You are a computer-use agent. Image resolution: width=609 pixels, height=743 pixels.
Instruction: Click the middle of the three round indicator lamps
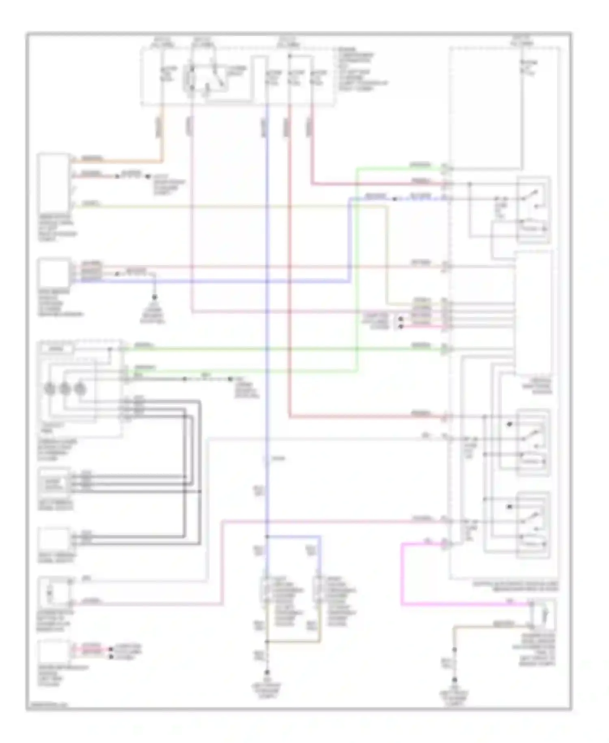pos(65,389)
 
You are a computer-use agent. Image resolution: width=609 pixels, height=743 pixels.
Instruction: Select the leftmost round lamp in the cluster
pos(50,389)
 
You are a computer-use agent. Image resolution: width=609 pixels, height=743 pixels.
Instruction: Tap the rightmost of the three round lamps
pos(80,389)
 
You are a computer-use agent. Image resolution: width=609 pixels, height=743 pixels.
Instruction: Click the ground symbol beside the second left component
pos(154,298)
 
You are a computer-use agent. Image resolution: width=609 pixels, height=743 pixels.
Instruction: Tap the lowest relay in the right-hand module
pos(533,525)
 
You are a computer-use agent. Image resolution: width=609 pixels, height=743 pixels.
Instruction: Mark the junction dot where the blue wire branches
pos(267,537)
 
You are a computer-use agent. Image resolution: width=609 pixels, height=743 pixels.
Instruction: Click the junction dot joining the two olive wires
pos(267,642)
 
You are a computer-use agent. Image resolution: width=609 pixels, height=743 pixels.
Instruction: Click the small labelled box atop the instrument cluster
pos(57,349)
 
